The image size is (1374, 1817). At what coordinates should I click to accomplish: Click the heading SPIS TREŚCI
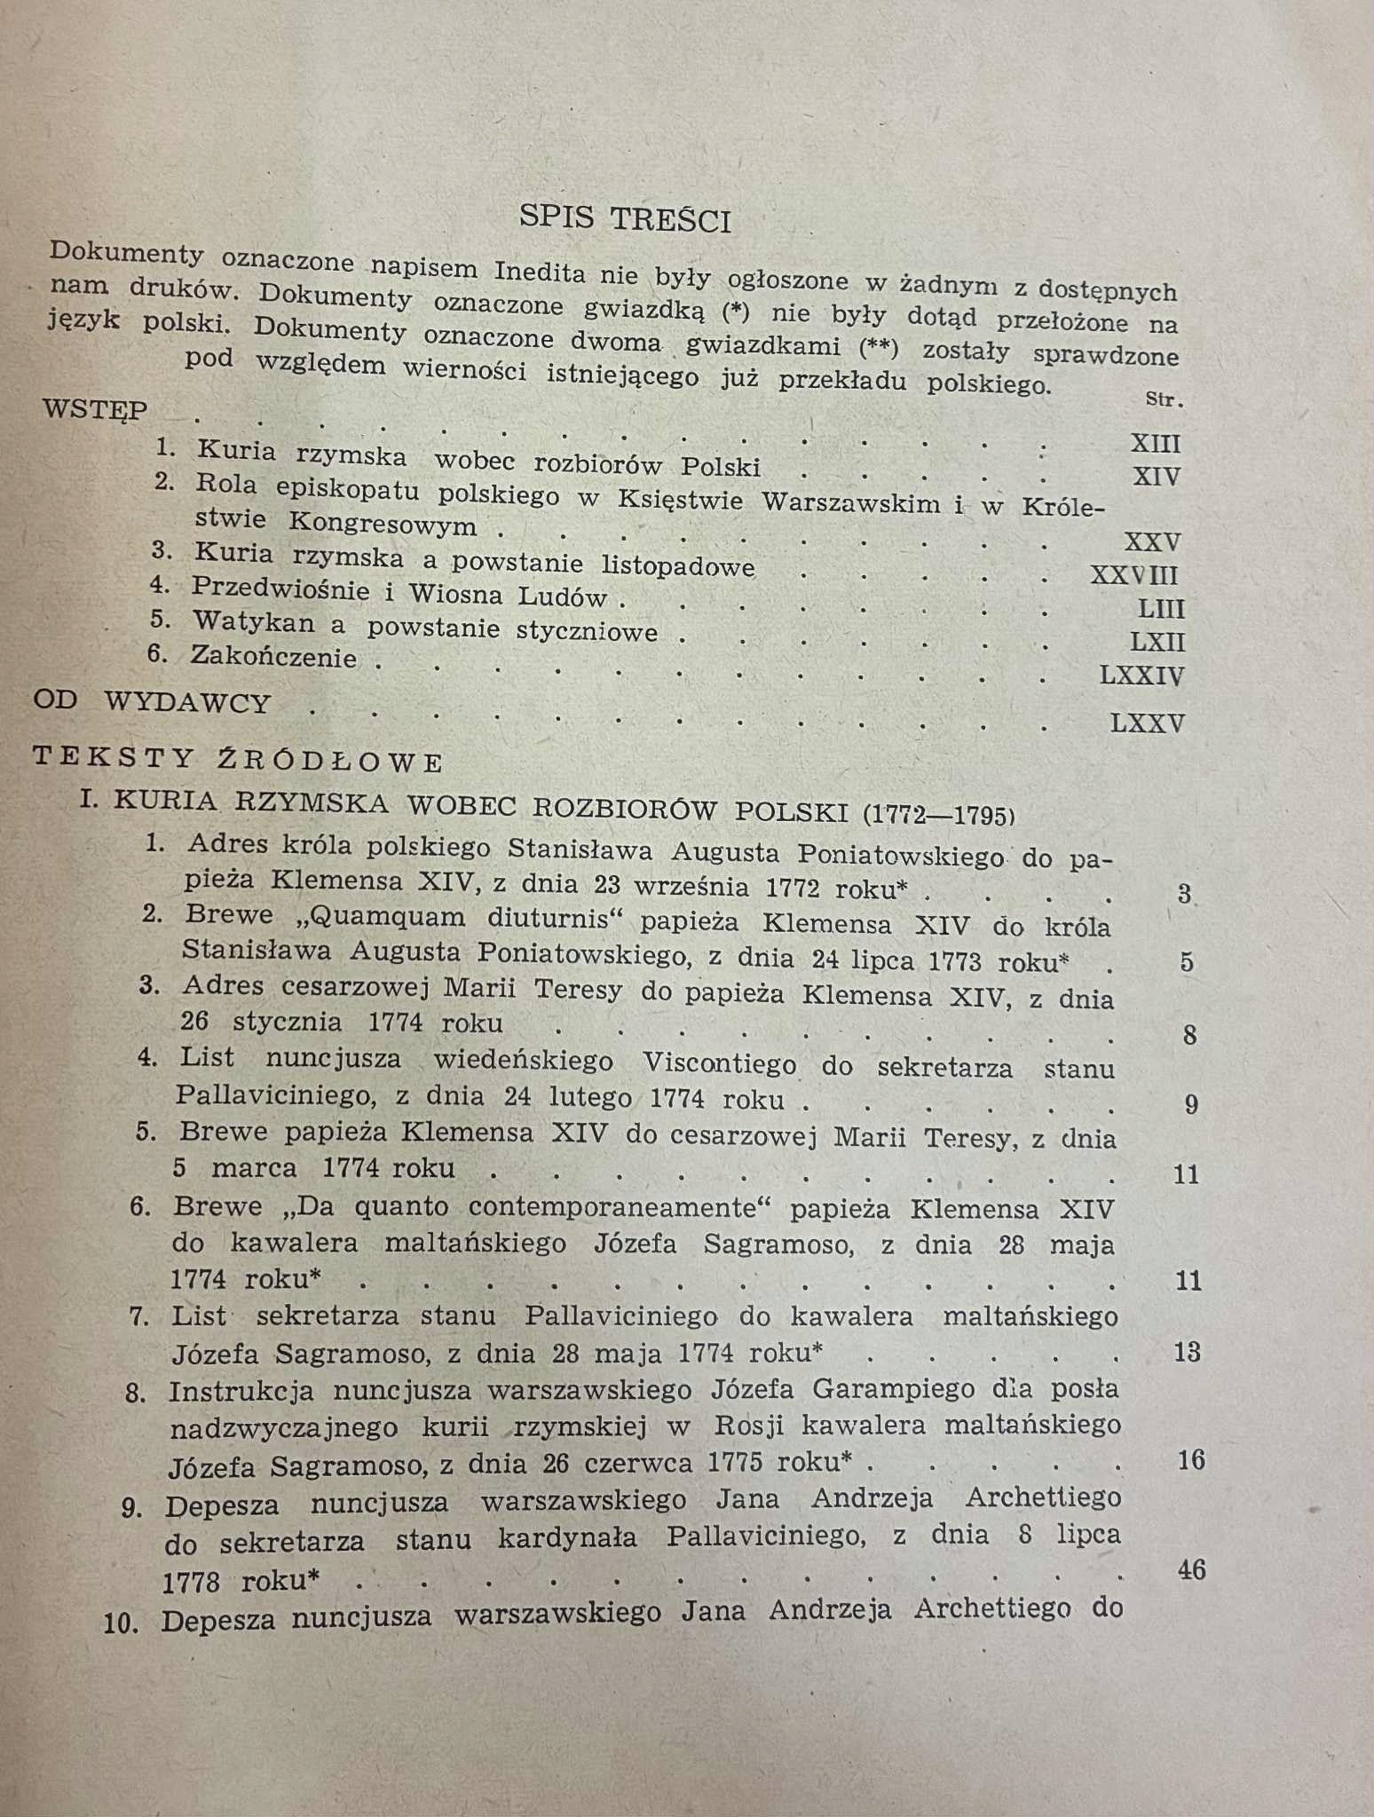click(x=625, y=218)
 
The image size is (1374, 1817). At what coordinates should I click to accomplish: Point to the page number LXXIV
click(x=1141, y=675)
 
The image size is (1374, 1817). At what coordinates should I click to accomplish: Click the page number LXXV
click(x=1147, y=723)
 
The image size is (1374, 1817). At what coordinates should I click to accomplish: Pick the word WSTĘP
click(x=95, y=410)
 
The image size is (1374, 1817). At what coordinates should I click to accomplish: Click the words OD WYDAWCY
click(x=151, y=701)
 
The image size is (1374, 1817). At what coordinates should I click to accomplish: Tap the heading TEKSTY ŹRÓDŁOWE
click(x=237, y=759)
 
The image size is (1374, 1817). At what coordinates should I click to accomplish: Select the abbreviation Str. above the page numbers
click(x=1164, y=399)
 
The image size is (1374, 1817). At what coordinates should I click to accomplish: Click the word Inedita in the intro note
click(x=539, y=271)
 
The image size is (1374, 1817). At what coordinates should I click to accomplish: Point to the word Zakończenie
click(x=273, y=657)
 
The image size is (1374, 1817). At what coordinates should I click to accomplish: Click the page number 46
click(x=1191, y=1569)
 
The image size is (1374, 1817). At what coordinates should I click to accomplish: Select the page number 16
click(x=1190, y=1459)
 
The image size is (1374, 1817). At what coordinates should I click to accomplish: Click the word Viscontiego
click(x=719, y=1063)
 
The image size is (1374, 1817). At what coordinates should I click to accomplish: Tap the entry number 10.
click(x=122, y=1623)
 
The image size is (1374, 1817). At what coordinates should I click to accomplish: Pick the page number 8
click(x=1189, y=1033)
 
